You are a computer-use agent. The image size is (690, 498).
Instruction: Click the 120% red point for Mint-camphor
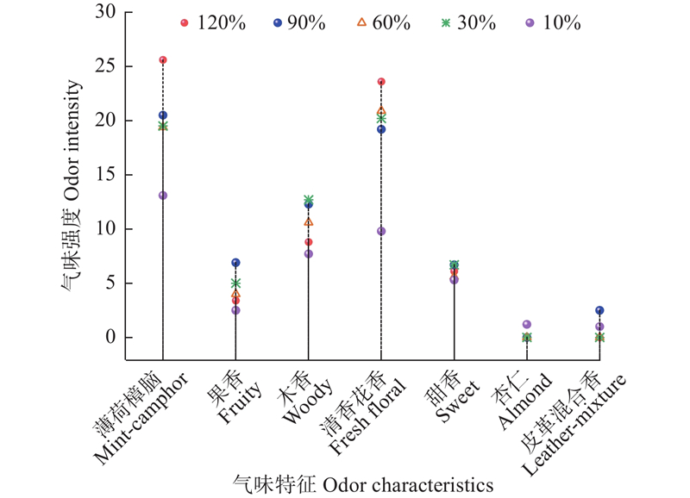coord(163,60)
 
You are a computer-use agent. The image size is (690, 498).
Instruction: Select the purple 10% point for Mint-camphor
coord(163,196)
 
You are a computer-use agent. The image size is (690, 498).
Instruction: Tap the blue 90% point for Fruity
coord(235,263)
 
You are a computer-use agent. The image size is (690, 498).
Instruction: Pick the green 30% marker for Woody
coord(309,200)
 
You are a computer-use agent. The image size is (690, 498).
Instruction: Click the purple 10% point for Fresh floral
coord(381,231)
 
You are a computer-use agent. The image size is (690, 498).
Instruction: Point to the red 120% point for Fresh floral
coord(381,82)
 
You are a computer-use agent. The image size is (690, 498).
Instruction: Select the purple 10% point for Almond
coord(527,325)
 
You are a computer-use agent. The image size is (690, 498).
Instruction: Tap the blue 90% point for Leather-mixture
coord(599,310)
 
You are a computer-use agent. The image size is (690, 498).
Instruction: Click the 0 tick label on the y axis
coord(110,338)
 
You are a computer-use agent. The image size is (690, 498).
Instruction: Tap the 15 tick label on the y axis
coord(106,175)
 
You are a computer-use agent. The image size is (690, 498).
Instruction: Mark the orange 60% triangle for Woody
coord(309,222)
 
